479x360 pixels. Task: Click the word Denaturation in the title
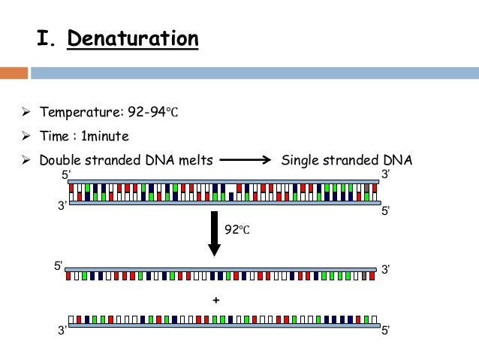pyautogui.click(x=133, y=38)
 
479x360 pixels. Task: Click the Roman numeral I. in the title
pyautogui.click(x=47, y=38)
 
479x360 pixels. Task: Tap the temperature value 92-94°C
pyautogui.click(x=152, y=113)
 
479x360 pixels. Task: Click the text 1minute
pyautogui.click(x=105, y=137)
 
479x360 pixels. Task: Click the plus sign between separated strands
pyautogui.click(x=216, y=300)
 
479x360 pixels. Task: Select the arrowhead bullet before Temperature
pyautogui.click(x=24, y=113)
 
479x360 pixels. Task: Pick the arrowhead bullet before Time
pyautogui.click(x=24, y=137)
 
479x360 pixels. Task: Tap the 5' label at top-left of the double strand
pyautogui.click(x=65, y=175)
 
